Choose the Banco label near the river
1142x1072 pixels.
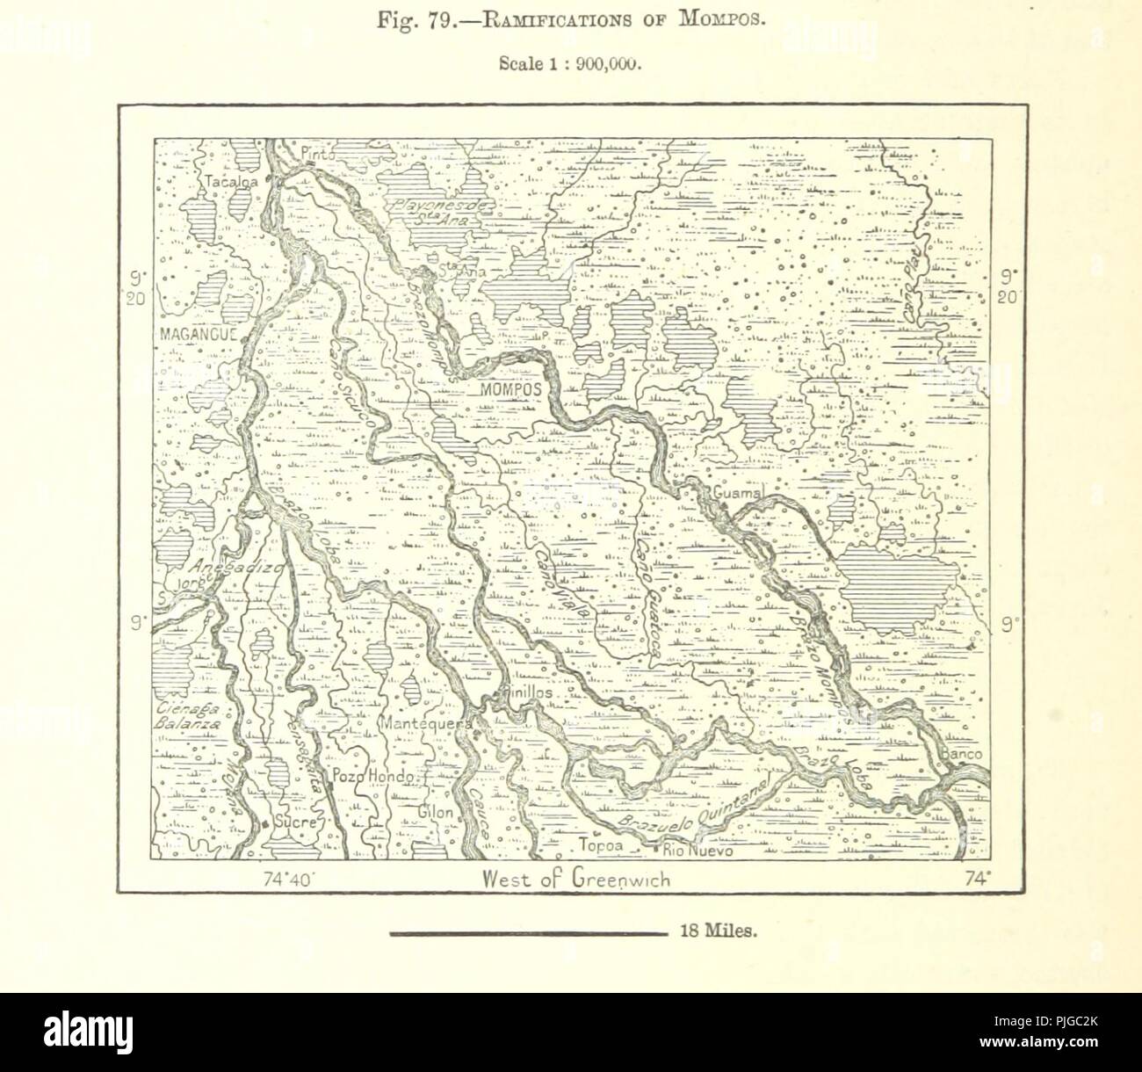[959, 755]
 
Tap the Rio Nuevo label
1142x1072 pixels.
[697, 851]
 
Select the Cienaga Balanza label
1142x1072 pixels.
[184, 718]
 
